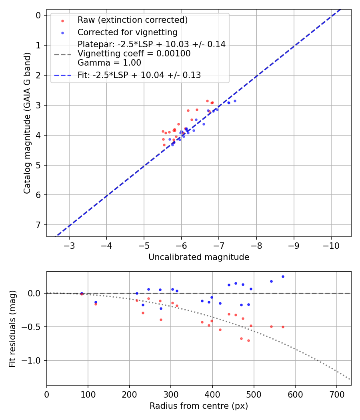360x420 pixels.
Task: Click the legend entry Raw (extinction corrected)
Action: coord(132,20)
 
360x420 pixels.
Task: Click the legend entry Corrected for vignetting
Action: coord(128,32)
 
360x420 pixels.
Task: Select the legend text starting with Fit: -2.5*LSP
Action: coord(139,75)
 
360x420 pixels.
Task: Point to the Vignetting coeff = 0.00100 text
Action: coord(134,54)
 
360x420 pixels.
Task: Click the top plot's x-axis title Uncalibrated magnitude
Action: coord(199,257)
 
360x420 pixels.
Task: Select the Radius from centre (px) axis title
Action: coord(199,406)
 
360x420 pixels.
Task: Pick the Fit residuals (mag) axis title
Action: coord(13,329)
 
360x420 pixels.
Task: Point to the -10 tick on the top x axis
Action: coord(331,245)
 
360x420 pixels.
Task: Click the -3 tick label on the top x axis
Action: coord(69,245)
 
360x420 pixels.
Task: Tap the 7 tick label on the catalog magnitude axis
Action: coord(38,225)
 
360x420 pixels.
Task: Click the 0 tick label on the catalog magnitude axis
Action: coord(38,15)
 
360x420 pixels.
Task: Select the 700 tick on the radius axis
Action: coord(336,394)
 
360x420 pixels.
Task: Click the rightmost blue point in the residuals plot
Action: coord(283,276)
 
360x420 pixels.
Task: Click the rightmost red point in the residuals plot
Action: coord(283,327)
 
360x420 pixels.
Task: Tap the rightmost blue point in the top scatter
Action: coord(235,101)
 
